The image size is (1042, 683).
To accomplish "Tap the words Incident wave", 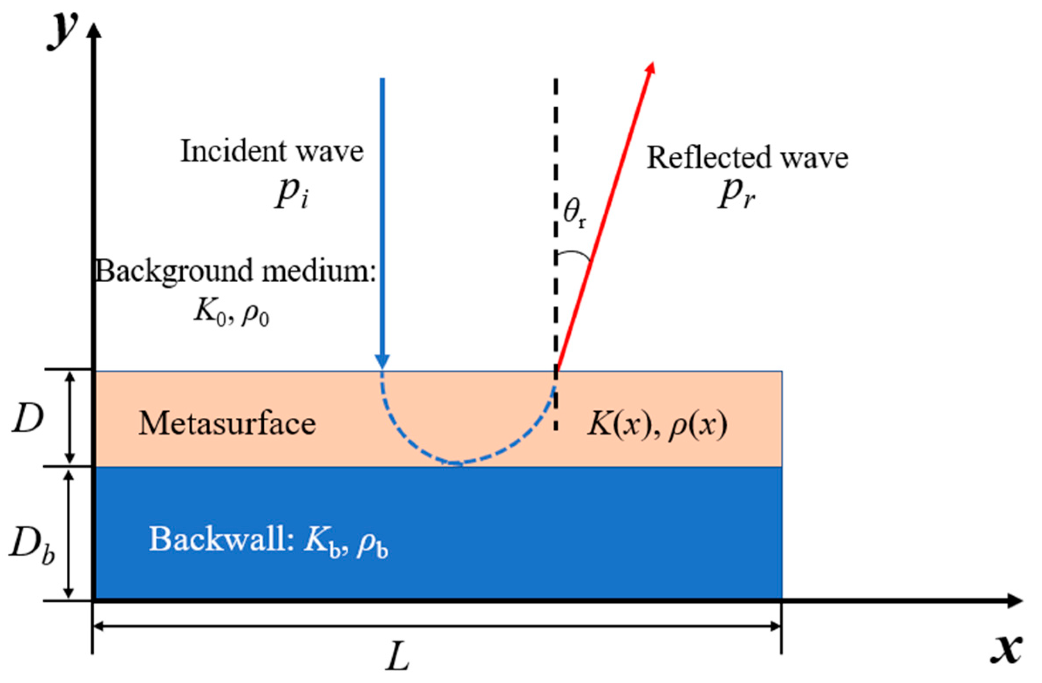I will (x=272, y=152).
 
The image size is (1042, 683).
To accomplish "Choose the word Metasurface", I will (x=227, y=424).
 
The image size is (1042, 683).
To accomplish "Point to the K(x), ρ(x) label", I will (x=657, y=424).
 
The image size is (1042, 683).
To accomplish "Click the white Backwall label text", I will (x=269, y=540).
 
